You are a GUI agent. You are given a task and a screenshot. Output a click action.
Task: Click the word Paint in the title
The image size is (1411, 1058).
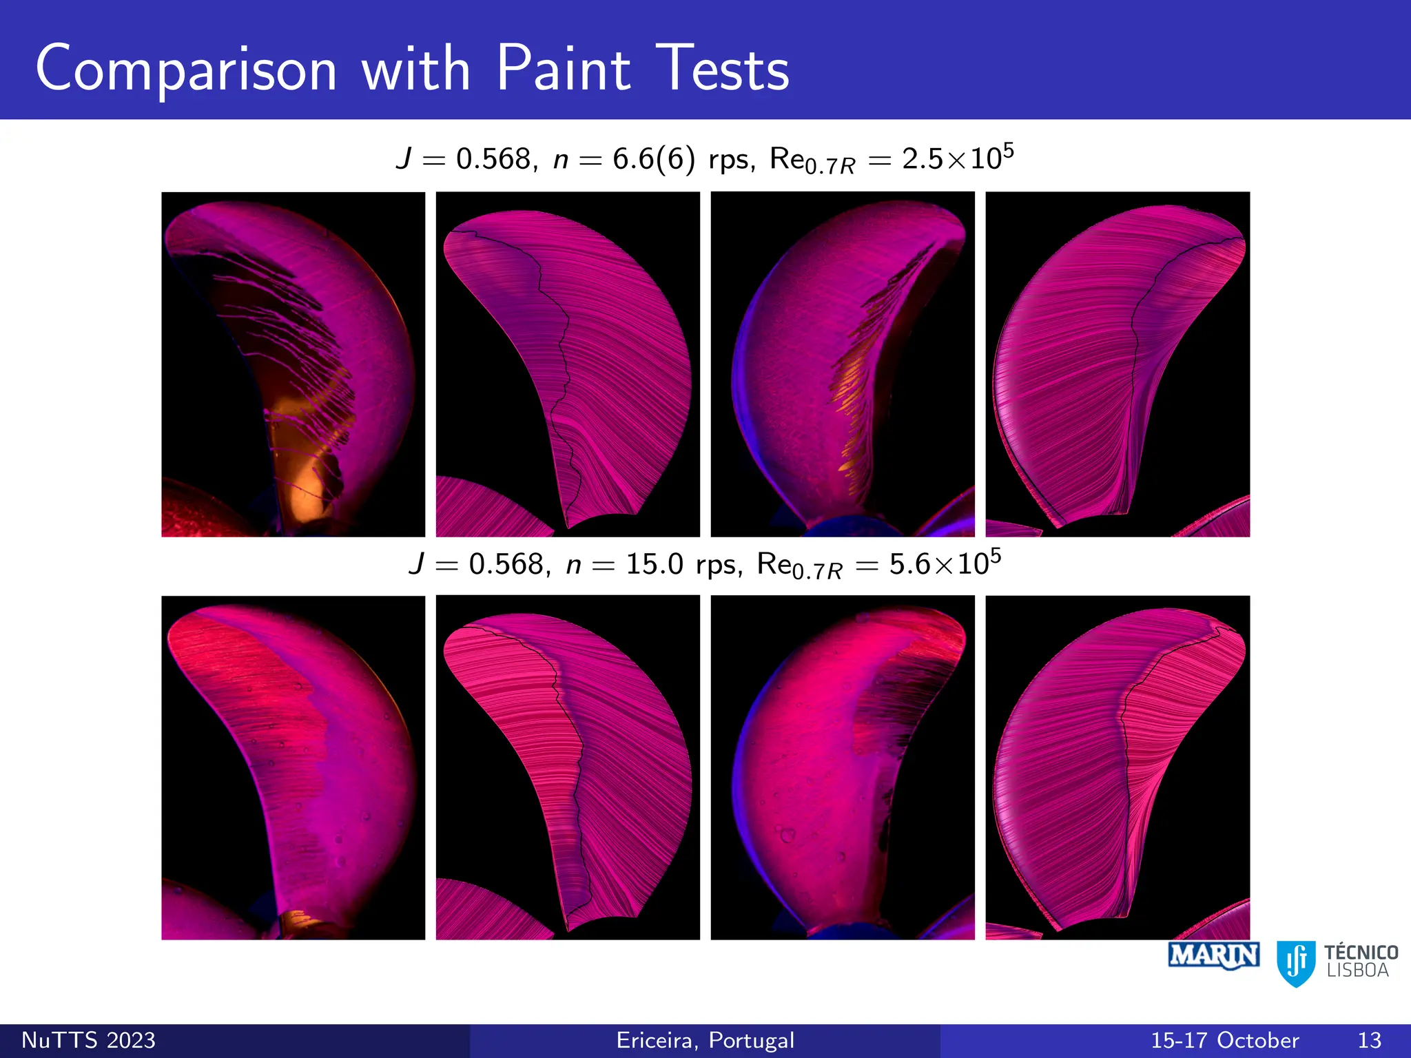coord(563,69)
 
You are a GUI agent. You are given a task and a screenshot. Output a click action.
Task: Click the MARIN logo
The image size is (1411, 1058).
coord(1214,956)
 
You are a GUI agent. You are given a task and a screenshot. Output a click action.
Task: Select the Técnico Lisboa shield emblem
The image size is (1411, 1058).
coord(1296,963)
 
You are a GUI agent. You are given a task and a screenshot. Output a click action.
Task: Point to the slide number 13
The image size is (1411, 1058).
coord(1369,1040)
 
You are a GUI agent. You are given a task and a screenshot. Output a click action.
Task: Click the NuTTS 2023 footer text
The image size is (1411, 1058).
coord(88,1040)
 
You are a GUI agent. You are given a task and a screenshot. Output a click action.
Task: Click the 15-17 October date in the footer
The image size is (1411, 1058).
coord(1224,1040)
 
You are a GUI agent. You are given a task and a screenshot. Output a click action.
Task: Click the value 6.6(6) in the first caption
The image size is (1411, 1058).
coord(653,159)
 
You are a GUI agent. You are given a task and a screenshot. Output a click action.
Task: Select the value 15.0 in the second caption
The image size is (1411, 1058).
coord(654,565)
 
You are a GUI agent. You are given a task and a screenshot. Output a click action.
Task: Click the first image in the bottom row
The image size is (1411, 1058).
coord(293,767)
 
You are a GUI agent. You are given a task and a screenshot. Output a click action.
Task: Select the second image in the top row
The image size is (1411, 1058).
coord(568,364)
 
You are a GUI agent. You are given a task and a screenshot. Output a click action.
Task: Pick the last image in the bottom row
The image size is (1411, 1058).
coord(1118,767)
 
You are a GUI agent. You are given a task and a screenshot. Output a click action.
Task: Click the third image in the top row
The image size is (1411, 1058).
coord(843,364)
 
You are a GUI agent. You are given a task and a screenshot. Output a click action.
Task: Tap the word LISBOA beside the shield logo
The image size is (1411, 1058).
coord(1357,971)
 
